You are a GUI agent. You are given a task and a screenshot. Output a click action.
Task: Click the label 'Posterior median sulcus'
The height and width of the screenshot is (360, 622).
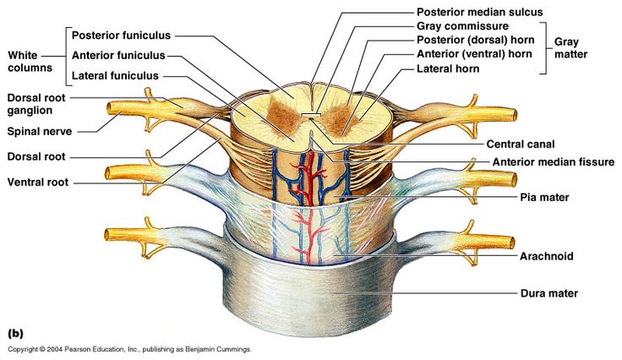tap(479, 12)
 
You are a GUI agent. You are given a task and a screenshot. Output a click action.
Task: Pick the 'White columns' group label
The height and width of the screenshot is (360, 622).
tap(30, 61)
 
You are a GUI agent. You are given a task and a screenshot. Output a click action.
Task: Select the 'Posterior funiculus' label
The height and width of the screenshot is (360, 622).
tap(121, 35)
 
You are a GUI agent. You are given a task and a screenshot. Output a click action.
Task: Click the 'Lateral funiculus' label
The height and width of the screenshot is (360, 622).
tap(115, 75)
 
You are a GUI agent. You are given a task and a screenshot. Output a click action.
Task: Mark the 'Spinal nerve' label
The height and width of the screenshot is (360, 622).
tap(40, 131)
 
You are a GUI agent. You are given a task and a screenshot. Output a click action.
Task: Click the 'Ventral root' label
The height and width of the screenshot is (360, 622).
tap(38, 182)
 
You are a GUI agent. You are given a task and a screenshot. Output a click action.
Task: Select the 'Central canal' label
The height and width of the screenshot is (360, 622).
tap(526, 145)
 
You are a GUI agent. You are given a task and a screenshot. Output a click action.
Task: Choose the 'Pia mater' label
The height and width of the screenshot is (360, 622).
tap(544, 197)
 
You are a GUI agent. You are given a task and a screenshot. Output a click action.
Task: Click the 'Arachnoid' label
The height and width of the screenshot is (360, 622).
tap(547, 255)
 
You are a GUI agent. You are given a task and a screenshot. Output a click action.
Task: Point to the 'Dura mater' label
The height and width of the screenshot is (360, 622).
tap(548, 293)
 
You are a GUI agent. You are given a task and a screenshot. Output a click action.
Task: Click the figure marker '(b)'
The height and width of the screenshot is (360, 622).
tap(15, 332)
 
